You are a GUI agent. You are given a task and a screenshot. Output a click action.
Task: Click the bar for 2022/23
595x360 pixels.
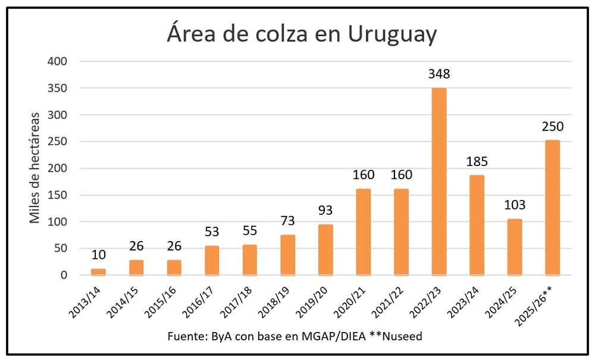coord(439,181)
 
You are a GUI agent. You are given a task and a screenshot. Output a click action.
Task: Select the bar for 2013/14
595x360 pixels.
coord(98,272)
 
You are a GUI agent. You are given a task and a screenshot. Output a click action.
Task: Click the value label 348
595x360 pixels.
coord(439,74)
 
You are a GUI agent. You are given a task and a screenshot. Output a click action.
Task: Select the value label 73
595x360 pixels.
coord(287,221)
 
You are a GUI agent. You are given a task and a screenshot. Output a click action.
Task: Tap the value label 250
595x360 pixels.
coord(552,127)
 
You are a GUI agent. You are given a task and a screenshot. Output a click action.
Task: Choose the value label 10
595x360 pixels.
coord(98,255)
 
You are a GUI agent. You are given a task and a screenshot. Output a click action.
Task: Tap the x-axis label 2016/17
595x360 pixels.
coord(203,300)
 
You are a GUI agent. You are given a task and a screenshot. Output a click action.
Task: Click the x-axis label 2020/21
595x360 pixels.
coord(355,300)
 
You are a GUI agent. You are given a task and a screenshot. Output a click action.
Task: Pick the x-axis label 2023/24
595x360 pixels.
coord(468,300)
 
